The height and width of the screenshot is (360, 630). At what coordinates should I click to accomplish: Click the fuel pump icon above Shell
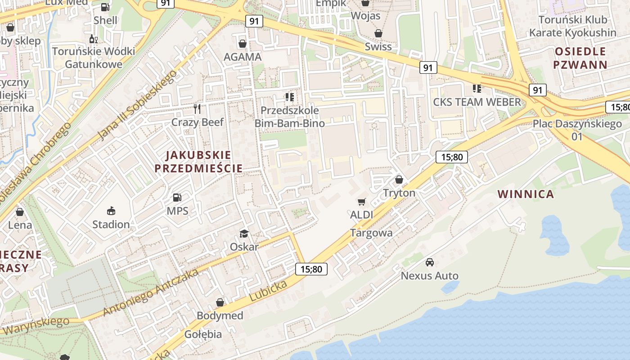click(105, 7)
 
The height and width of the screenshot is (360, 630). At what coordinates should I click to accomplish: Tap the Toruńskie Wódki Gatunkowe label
click(94, 58)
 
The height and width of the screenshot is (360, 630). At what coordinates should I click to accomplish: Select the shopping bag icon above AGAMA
click(243, 44)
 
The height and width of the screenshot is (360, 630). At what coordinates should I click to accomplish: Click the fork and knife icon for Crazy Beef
click(197, 108)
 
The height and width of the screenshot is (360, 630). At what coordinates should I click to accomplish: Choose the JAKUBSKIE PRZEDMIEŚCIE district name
click(198, 162)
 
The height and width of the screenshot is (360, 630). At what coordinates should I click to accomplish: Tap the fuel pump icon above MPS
click(177, 198)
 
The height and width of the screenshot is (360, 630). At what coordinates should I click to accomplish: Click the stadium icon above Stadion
click(111, 211)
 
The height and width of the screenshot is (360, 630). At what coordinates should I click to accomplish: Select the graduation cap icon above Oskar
click(244, 233)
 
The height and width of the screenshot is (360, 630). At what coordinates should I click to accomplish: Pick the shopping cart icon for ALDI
click(362, 202)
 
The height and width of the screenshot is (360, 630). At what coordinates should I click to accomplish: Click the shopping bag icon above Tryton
click(399, 180)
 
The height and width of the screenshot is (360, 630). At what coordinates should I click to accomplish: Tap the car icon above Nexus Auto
click(430, 262)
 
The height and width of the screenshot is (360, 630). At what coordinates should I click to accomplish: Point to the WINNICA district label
click(526, 194)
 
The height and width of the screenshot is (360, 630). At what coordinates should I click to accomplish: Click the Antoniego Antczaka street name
click(151, 293)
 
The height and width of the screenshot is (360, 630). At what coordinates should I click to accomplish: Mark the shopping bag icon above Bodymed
click(220, 302)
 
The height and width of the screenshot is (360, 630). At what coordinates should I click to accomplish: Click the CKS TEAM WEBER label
click(477, 102)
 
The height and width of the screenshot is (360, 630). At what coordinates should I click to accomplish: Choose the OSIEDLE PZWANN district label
click(580, 58)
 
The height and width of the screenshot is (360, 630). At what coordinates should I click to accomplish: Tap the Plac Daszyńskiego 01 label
click(577, 130)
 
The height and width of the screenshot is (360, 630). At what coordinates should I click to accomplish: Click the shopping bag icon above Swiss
click(378, 33)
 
